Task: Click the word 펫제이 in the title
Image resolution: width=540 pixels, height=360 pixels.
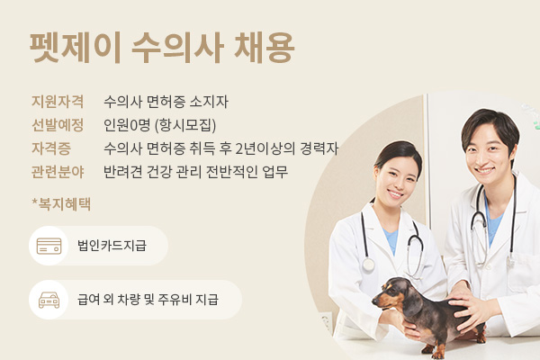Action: pyautogui.click(x=76, y=48)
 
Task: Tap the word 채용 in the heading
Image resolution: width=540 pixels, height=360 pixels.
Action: pyautogui.click(x=264, y=48)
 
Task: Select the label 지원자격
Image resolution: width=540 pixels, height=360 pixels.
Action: pyautogui.click(x=58, y=102)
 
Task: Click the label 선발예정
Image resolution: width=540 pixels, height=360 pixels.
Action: pyautogui.click(x=58, y=125)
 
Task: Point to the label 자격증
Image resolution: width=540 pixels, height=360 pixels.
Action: pyautogui.click(x=51, y=148)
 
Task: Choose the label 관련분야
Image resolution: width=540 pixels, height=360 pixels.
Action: pyautogui.click(x=58, y=172)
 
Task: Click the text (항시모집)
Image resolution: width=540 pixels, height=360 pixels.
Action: pyautogui.click(x=185, y=125)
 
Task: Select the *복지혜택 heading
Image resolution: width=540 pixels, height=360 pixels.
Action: pyautogui.click(x=61, y=204)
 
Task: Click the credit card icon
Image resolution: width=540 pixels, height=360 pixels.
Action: pyautogui.click(x=49, y=246)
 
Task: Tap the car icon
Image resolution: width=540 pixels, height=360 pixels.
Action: pyautogui.click(x=49, y=300)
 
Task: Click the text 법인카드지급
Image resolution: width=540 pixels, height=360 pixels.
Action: pyautogui.click(x=112, y=246)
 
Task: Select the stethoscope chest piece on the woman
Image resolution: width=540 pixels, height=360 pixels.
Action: pyautogui.click(x=368, y=265)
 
